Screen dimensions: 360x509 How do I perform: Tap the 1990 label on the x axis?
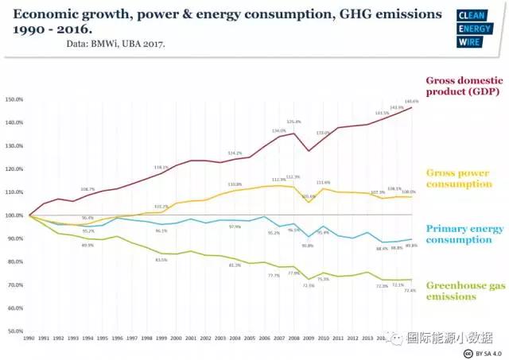tap(29, 339)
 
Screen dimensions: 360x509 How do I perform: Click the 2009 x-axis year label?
tap(310, 339)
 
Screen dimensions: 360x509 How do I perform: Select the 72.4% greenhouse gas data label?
tap(411, 291)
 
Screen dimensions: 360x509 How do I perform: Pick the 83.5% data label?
tap(161, 260)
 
